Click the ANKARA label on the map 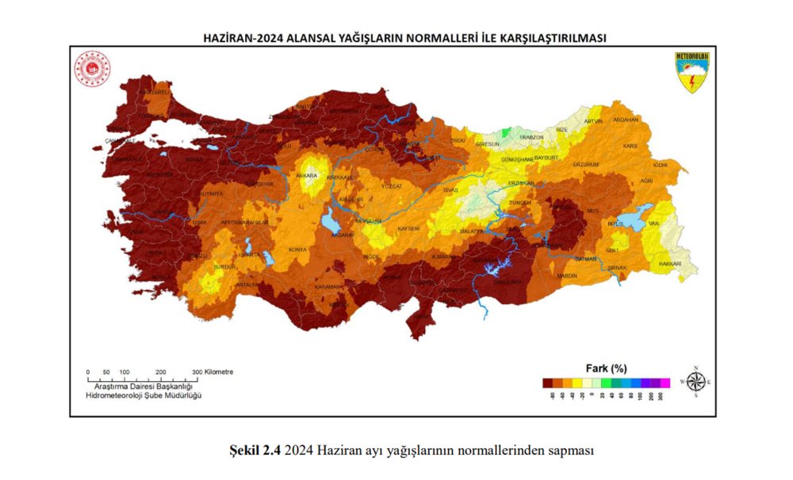point(306,176)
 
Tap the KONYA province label point(298,250)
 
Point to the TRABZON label point(531,137)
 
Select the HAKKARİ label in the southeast point(671,261)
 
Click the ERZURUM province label point(586,164)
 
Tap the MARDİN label point(567,276)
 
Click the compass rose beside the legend point(695,382)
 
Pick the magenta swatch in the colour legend point(665,383)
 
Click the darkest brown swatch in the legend point(547,383)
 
